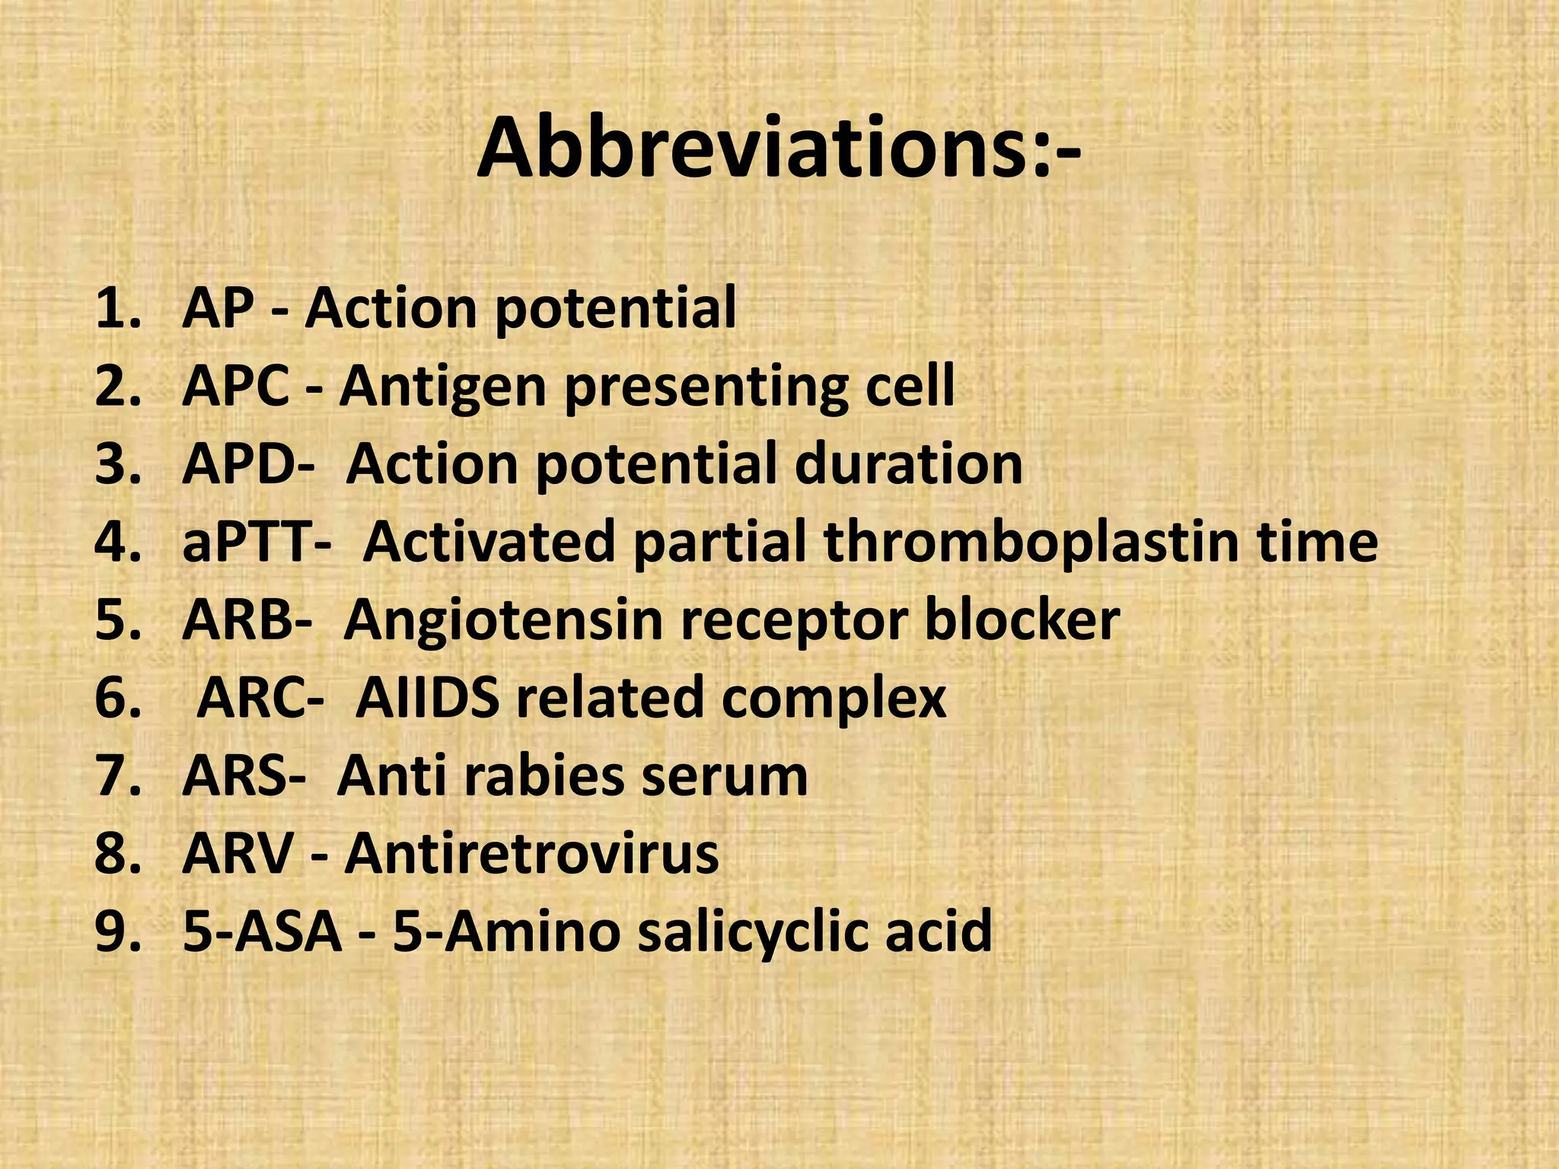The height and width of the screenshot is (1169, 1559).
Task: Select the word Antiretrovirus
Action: (x=531, y=854)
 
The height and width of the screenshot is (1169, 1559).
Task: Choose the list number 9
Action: (x=118, y=932)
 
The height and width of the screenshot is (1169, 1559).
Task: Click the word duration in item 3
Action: (x=908, y=464)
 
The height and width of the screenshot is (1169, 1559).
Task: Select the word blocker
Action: (x=1022, y=620)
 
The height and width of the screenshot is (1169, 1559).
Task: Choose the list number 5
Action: (x=118, y=620)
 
